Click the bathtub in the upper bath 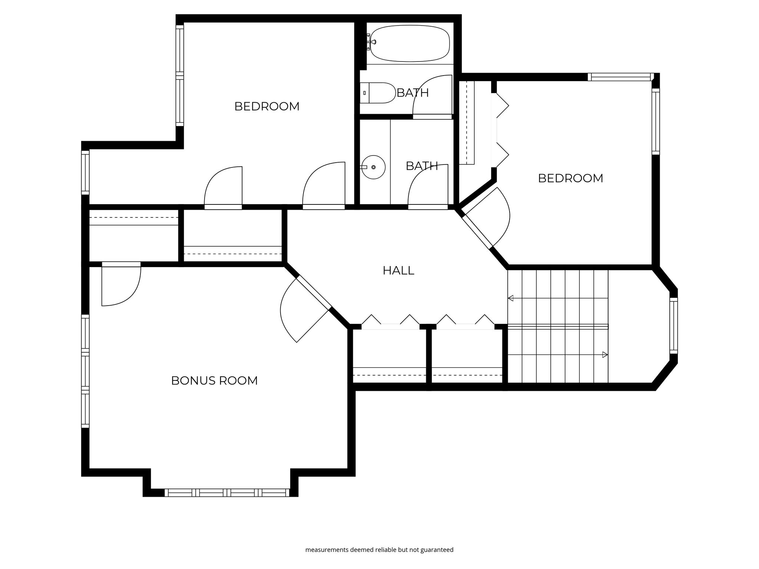[x=410, y=43]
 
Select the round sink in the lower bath [x=373, y=167]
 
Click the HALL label [x=398, y=270]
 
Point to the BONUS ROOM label [x=214, y=380]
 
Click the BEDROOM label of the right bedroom [x=570, y=178]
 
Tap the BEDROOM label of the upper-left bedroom [x=267, y=106]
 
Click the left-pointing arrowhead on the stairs [x=510, y=298]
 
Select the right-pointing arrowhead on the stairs [x=605, y=355]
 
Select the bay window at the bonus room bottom [x=227, y=493]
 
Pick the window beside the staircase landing [x=674, y=326]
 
